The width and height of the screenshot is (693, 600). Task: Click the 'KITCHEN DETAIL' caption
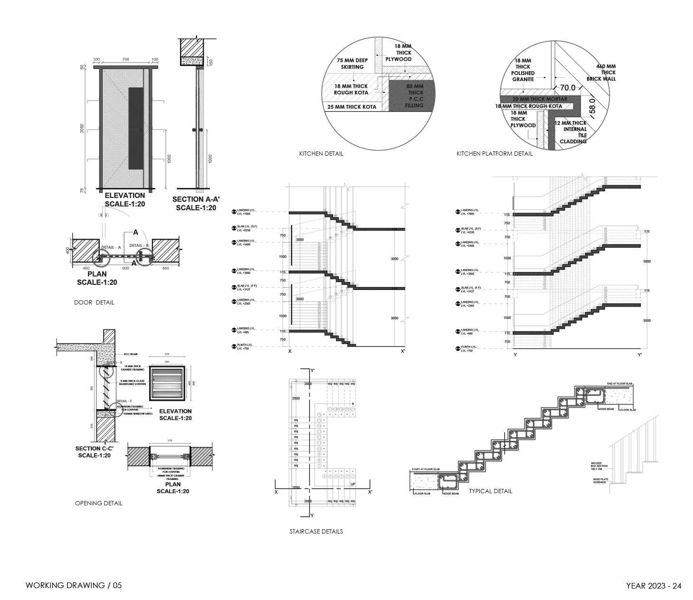321,154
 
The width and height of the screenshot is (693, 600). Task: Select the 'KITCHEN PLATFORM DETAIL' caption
494,154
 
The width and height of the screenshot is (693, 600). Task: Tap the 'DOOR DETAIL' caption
94,302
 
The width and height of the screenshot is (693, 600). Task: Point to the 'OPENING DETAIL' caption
98,503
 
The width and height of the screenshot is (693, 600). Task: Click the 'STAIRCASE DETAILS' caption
316,532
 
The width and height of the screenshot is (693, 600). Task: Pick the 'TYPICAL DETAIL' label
490,491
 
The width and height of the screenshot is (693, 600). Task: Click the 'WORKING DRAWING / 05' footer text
74,585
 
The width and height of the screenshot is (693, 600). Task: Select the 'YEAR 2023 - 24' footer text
654,586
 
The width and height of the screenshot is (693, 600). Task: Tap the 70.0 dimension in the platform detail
568,88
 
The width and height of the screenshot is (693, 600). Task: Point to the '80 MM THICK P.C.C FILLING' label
414,96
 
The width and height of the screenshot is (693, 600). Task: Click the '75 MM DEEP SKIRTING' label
352,64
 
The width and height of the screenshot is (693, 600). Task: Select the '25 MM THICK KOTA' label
351,107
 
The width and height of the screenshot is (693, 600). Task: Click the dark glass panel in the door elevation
136,128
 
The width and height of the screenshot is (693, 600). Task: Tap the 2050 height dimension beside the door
82,128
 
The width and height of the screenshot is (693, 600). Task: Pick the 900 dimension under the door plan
126,269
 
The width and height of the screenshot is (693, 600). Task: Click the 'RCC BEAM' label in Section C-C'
130,354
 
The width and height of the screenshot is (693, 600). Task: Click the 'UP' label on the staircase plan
352,484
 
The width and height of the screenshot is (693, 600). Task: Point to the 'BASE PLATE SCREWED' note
599,481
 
